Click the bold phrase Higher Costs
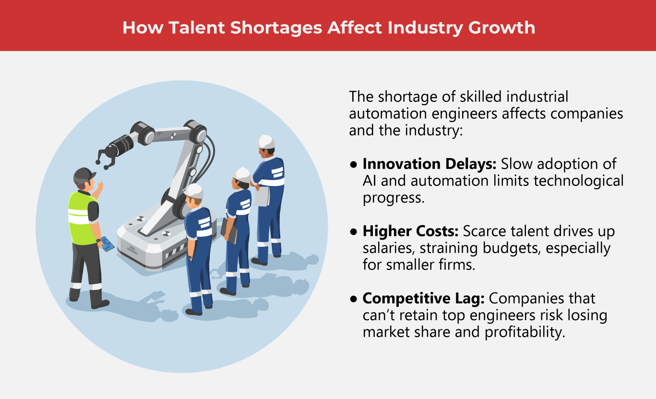(x=411, y=232)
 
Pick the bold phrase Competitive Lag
(x=424, y=299)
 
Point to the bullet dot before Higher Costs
(x=354, y=232)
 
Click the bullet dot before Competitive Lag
(x=354, y=299)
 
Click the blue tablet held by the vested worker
(x=107, y=243)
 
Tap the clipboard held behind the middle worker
(x=229, y=230)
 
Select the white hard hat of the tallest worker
(x=265, y=142)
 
